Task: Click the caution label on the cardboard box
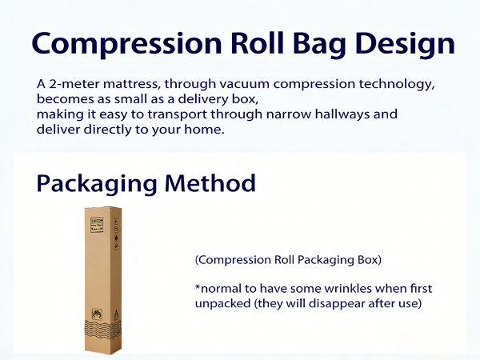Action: (97, 222)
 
